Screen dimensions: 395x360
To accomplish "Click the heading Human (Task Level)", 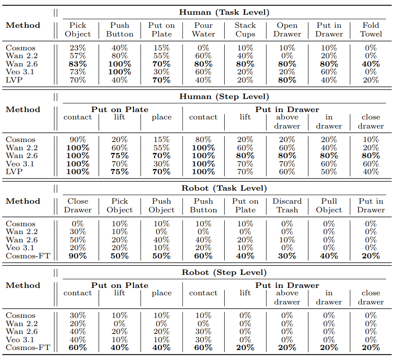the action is (x=224, y=12).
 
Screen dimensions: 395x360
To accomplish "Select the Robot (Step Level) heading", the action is (x=224, y=272).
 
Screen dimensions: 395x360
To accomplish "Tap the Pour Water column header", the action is (x=203, y=30).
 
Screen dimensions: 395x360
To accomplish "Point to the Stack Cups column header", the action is (x=245, y=30).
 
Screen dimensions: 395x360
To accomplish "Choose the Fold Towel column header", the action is (x=371, y=30).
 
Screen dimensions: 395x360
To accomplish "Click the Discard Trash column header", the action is (x=287, y=205).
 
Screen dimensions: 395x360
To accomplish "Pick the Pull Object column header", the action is (x=329, y=205).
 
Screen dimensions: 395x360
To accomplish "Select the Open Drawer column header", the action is (x=287, y=30).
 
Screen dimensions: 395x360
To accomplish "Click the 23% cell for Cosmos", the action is (x=78, y=48).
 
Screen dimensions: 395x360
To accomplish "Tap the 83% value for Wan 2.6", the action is (x=78, y=64).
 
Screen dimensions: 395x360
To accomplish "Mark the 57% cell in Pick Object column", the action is (x=78, y=56).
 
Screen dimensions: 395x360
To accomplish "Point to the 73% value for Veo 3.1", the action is (x=78, y=72).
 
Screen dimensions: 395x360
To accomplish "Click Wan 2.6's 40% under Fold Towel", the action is (x=371, y=64).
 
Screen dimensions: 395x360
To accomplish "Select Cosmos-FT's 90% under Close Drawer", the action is (x=78, y=256).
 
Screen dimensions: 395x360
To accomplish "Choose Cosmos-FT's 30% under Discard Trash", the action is (x=287, y=256).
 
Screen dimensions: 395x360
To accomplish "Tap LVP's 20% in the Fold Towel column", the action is (x=371, y=80).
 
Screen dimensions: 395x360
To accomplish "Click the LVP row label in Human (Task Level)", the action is (x=14, y=80).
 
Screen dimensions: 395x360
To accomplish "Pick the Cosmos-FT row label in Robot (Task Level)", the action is (x=28, y=256).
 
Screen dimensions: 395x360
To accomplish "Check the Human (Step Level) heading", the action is (x=224, y=97).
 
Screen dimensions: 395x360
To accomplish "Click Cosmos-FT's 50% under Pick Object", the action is (x=119, y=256).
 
